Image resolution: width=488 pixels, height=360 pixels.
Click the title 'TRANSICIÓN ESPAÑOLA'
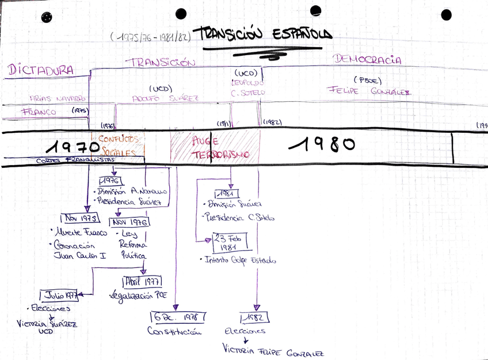click(262, 35)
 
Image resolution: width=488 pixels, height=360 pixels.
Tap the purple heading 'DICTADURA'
click(41, 70)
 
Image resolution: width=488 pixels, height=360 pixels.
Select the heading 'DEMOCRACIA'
click(367, 60)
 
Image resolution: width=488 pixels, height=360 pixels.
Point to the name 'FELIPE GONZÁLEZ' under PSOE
click(368, 90)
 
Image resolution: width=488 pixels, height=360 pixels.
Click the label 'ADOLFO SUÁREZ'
click(165, 98)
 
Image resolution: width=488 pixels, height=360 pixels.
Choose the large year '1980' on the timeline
click(322, 144)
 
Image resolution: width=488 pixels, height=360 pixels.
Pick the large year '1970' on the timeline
click(73, 147)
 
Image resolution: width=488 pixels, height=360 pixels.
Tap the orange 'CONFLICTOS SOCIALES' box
click(119, 146)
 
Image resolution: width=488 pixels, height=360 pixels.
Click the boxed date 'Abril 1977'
click(142, 282)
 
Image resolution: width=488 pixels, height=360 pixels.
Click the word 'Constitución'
click(176, 331)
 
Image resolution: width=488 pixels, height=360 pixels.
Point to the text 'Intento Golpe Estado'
click(241, 260)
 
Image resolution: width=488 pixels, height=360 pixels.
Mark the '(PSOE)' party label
click(367, 80)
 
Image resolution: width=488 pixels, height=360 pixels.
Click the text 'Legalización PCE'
click(137, 296)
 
